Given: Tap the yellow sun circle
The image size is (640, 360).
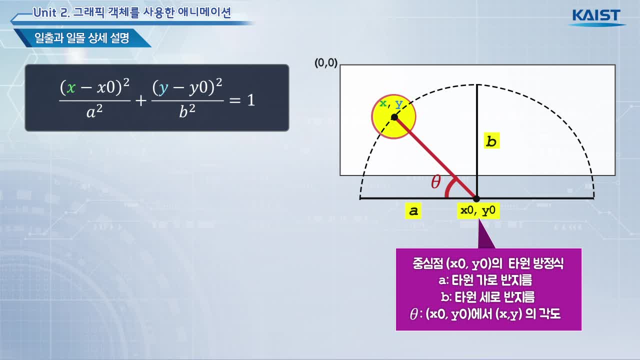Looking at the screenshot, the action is (x=393, y=116).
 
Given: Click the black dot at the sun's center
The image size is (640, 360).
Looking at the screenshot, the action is (x=394, y=117).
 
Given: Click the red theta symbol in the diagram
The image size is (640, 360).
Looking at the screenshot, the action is (x=435, y=181).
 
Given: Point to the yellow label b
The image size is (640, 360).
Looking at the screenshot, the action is (x=491, y=140).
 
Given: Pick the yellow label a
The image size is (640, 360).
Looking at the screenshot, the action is (x=413, y=211).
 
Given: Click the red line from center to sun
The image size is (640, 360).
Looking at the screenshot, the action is (x=435, y=157).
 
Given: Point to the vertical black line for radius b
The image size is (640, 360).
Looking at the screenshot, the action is (x=477, y=141).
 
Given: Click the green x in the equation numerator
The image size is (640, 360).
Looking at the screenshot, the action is (x=71, y=87).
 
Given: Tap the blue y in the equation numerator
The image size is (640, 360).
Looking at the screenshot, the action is (x=163, y=88).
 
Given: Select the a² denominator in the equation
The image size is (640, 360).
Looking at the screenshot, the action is (x=94, y=111).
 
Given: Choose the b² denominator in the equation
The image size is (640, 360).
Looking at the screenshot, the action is (x=187, y=111).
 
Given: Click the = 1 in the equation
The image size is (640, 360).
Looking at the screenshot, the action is (x=242, y=100).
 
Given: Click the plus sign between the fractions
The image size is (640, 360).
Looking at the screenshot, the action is (x=141, y=101).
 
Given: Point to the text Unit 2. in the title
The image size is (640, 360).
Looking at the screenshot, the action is (x=51, y=13).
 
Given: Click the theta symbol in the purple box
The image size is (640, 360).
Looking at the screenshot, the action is (x=413, y=314).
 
